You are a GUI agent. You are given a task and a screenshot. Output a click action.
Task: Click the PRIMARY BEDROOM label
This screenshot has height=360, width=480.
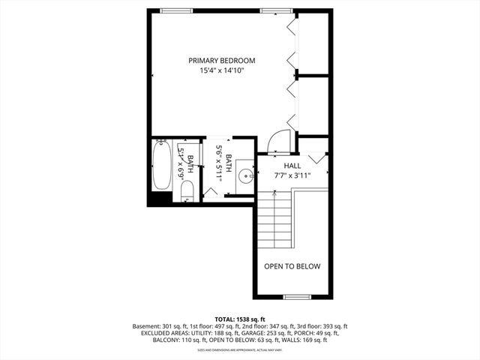tap(221, 60)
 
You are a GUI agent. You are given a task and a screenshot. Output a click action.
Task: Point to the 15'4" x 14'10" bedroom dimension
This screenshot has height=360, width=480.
tap(221, 70)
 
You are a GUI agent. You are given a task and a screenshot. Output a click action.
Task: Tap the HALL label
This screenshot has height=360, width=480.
tap(292, 165)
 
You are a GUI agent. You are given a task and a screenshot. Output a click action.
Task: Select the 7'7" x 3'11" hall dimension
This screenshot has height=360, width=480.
tap(292, 175)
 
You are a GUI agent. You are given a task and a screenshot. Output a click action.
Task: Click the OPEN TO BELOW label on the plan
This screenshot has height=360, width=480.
tap(292, 266)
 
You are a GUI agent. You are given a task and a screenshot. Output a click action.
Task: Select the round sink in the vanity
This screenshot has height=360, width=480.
tap(245, 178)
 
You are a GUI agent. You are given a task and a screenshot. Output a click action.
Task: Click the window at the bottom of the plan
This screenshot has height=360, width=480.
tap(297, 297)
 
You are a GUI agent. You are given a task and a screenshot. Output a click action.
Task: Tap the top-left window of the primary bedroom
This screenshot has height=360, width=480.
tap(175, 10)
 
